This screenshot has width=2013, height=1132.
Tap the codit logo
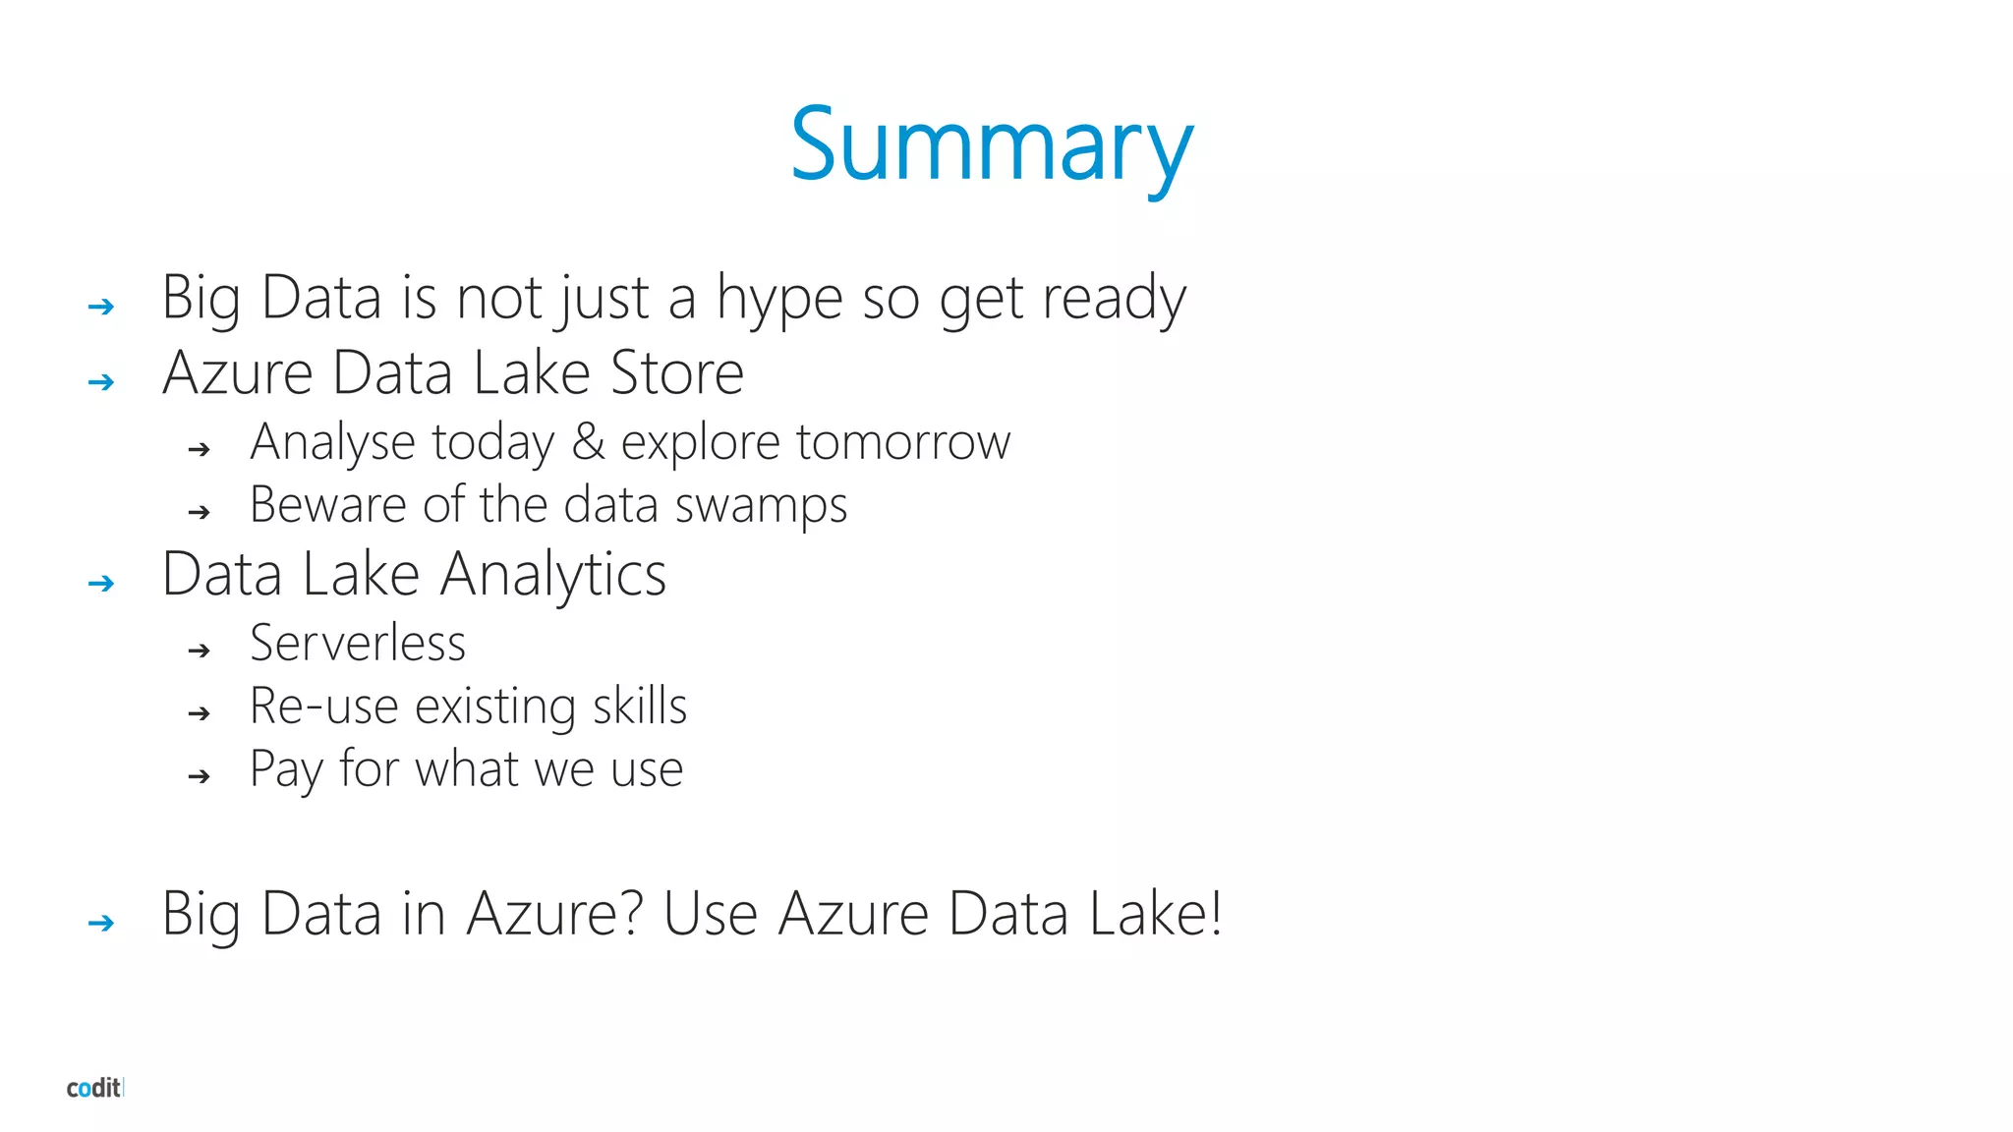(94, 1088)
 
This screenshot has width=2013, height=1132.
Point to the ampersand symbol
(588, 441)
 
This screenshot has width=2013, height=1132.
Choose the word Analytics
(552, 575)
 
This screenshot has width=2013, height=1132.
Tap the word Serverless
(358, 644)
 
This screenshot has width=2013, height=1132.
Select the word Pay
(285, 769)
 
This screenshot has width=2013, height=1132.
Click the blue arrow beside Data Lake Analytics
(101, 584)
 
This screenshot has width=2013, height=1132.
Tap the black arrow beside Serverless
(200, 651)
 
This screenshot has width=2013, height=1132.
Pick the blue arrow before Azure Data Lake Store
(101, 382)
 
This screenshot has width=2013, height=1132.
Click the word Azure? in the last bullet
(554, 914)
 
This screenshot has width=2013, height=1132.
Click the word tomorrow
(903, 441)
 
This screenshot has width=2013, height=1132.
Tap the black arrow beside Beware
(200, 512)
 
